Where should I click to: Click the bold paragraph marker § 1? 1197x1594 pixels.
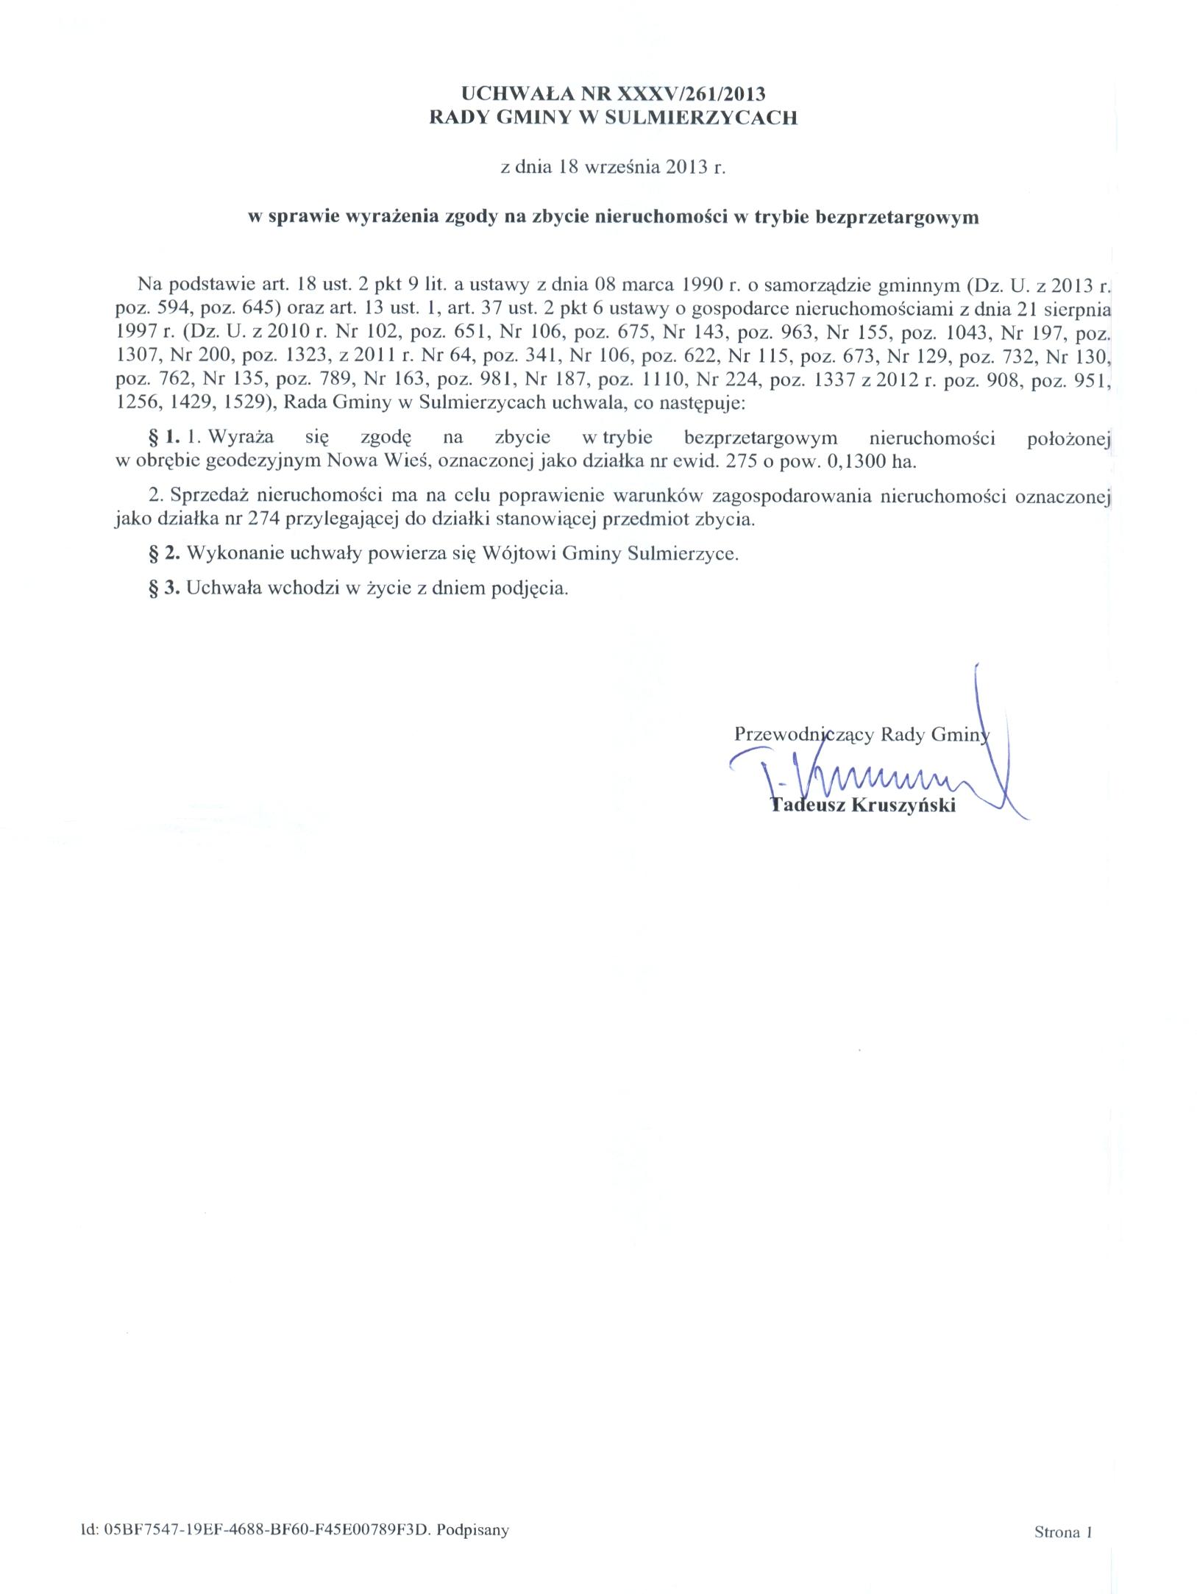coord(164,438)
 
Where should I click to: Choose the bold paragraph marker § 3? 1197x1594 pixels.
coord(164,588)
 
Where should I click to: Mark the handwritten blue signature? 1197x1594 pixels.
coord(875,776)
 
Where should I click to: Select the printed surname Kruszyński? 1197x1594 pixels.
coord(903,805)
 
